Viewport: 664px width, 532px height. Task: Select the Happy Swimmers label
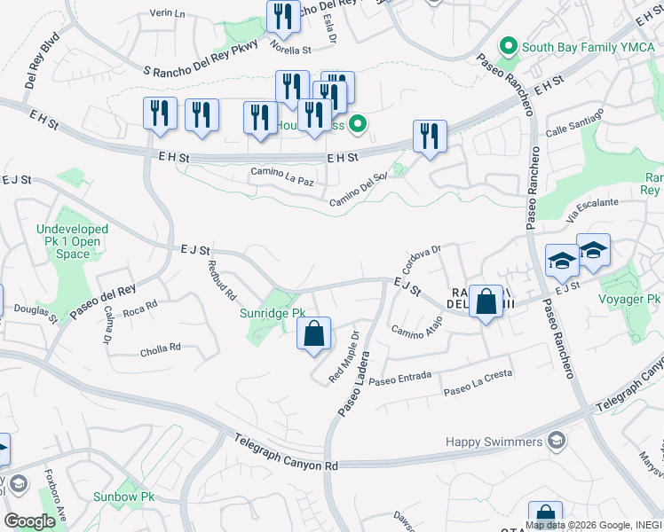[494, 442]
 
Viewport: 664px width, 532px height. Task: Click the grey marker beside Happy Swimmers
[556, 441]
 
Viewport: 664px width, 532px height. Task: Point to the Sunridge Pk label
[273, 313]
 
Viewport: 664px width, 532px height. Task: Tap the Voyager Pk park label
[631, 300]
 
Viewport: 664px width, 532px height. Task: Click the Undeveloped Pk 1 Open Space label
[72, 241]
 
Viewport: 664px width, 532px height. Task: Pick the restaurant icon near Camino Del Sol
[430, 137]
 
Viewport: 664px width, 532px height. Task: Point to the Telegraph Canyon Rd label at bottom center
[287, 452]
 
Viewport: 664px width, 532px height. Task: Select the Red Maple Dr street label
[346, 356]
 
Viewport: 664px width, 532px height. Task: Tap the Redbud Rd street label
[221, 278]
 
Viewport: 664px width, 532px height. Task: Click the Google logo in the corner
[29, 520]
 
